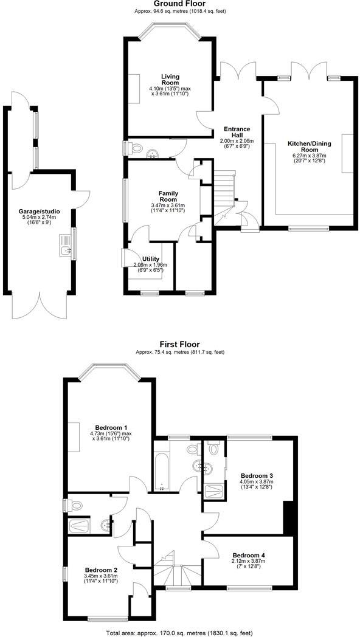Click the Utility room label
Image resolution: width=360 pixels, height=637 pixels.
click(x=150, y=258)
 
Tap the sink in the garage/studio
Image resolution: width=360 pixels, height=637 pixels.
click(x=65, y=246)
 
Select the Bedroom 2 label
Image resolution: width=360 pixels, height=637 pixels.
click(x=100, y=570)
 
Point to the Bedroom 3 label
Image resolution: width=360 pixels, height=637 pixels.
click(x=257, y=475)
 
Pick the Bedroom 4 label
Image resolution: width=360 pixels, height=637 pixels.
click(x=248, y=555)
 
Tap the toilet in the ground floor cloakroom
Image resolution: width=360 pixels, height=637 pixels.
click(x=136, y=147)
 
